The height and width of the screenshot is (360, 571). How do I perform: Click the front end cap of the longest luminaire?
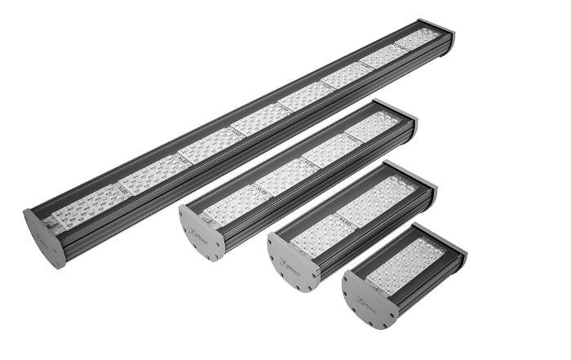(42, 239)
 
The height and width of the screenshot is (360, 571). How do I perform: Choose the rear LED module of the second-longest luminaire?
(371, 127)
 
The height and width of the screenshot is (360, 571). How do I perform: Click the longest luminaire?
(245, 139)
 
